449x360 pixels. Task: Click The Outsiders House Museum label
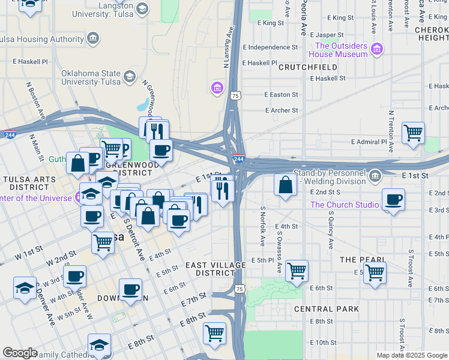tap(341, 50)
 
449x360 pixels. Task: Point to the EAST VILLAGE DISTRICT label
tap(215, 269)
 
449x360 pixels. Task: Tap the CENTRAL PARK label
tap(326, 309)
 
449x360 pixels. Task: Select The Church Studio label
tap(345, 205)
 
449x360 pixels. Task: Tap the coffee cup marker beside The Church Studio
tap(393, 199)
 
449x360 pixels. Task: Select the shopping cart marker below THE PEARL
tap(375, 272)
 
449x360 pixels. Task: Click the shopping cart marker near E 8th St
tap(214, 333)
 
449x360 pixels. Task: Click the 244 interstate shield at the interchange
tap(238, 159)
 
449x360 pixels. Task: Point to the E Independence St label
tap(270, 47)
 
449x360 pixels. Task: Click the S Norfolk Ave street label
tap(263, 226)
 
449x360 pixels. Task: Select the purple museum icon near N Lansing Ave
tap(217, 89)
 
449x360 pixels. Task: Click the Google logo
tap(20, 353)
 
